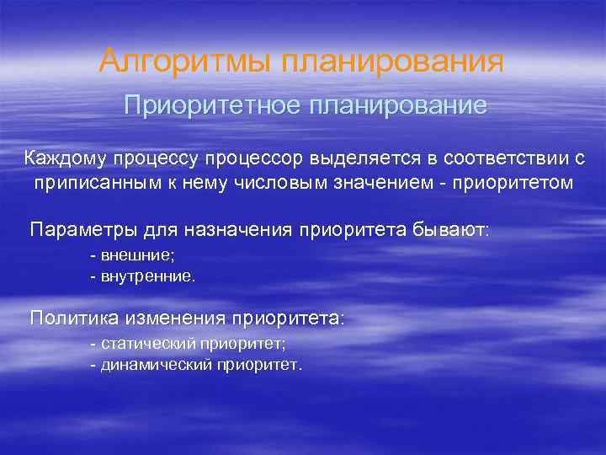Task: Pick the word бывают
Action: (450, 230)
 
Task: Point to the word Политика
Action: (74, 318)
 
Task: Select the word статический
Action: (148, 344)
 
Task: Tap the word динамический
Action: (157, 365)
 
